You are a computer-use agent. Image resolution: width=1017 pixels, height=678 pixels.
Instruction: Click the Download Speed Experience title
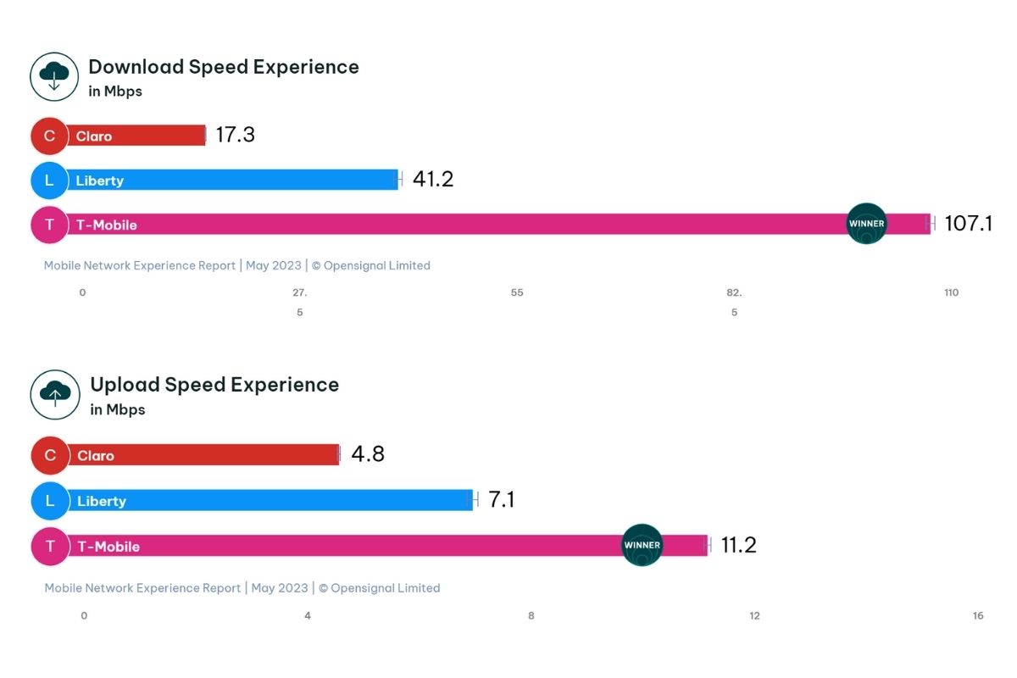(x=224, y=67)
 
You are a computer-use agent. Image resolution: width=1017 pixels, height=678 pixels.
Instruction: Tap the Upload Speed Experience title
(x=214, y=385)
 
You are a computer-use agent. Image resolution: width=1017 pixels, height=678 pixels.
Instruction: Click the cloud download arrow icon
(x=54, y=77)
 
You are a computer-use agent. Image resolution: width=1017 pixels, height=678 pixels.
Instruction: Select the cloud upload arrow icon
(x=55, y=395)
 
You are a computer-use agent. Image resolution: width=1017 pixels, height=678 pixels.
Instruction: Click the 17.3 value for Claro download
(x=235, y=135)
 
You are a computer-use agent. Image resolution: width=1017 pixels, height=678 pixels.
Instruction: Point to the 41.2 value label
(x=432, y=180)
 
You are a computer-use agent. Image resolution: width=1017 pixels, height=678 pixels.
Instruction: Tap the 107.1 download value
(x=968, y=224)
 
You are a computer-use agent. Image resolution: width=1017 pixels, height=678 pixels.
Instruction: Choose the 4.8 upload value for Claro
(x=368, y=454)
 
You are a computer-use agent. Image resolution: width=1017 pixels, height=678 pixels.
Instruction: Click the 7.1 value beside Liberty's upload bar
(x=501, y=500)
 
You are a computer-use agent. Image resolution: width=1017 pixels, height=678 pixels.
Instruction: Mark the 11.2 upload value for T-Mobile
(x=738, y=545)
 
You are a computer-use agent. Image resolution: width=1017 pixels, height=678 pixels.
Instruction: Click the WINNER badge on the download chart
(x=866, y=224)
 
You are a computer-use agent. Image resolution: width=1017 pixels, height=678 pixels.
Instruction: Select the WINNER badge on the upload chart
(x=642, y=545)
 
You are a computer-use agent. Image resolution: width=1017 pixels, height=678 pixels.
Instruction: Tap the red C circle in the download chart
(x=49, y=136)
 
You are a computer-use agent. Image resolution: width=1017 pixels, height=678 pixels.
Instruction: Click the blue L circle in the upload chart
(x=50, y=501)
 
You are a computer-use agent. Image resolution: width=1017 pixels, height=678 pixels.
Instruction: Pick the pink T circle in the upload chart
(x=50, y=546)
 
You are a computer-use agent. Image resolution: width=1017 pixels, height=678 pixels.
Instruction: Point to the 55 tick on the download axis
(x=517, y=292)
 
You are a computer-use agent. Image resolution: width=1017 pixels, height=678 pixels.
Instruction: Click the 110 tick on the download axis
(x=951, y=292)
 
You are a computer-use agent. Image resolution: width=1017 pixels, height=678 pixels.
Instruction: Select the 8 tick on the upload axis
(x=531, y=615)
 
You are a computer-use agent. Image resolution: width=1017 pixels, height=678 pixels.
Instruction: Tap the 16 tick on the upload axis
(x=978, y=615)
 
